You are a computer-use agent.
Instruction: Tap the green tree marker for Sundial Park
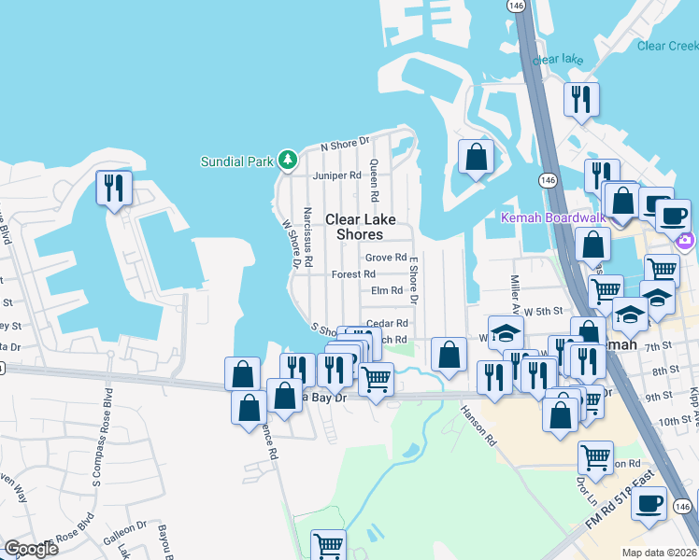(288, 161)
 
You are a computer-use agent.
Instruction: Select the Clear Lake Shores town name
(361, 227)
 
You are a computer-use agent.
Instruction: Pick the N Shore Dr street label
(345, 146)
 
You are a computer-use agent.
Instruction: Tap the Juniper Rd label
(336, 175)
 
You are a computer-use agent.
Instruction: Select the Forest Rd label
(353, 274)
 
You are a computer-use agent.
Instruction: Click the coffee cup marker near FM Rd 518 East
(649, 503)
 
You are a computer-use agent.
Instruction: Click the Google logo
(32, 549)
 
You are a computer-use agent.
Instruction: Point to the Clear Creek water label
(667, 46)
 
